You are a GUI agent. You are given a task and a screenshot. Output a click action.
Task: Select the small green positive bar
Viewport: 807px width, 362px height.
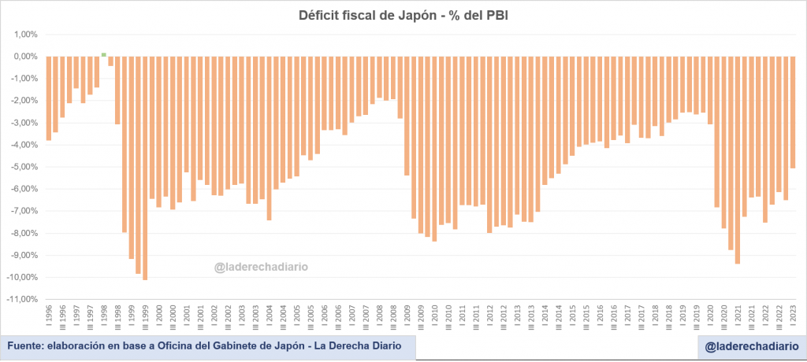pos(104,54)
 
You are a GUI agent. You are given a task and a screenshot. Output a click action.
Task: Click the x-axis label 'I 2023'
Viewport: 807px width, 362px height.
pos(793,316)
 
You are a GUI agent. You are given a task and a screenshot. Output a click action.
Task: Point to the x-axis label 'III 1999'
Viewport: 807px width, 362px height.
pos(145,318)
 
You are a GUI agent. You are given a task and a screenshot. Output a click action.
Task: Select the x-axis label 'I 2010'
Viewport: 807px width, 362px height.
pos(434,316)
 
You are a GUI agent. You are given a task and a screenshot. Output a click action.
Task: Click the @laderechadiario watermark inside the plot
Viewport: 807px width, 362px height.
pos(261,267)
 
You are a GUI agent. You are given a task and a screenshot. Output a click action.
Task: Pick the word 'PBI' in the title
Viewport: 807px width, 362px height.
pos(496,15)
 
